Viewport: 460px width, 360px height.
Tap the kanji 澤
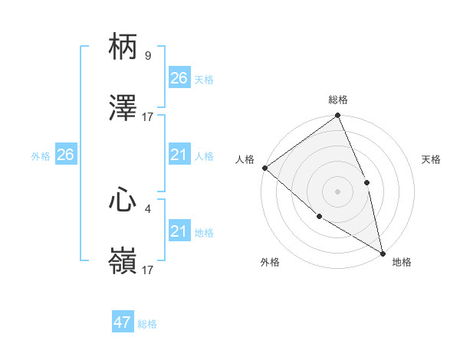click(123, 110)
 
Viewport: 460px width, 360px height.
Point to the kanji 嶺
click(123, 262)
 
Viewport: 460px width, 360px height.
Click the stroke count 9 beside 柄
click(147, 55)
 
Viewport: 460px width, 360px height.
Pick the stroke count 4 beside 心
click(147, 206)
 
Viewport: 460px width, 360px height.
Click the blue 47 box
click(123, 322)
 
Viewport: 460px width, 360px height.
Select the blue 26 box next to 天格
click(179, 78)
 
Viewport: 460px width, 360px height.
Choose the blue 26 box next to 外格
click(65, 155)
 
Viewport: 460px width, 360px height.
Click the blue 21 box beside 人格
click(179, 155)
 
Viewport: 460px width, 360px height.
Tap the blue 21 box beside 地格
click(179, 231)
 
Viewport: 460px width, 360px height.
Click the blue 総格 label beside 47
click(147, 324)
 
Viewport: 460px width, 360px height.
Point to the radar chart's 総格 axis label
click(338, 100)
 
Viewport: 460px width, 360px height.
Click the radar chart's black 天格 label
click(432, 159)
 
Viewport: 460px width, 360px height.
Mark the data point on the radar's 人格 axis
click(264, 168)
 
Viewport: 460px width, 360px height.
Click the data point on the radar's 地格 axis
click(383, 252)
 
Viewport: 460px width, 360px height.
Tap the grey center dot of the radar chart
click(337, 191)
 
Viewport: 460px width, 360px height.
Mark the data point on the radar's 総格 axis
click(337, 116)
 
